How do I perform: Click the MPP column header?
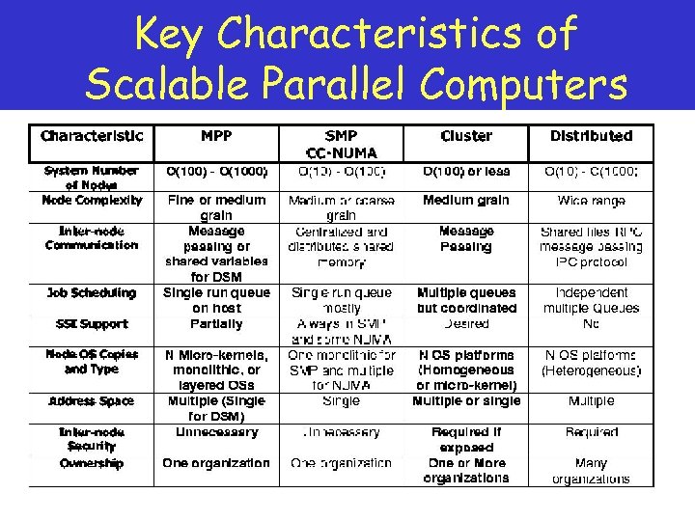click(215, 136)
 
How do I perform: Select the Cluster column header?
click(466, 136)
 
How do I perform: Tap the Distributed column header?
click(591, 136)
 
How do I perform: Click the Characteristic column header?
click(92, 136)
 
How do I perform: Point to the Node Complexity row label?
click(92, 200)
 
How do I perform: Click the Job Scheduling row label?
click(92, 292)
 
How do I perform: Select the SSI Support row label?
click(92, 323)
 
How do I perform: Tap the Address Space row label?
click(92, 400)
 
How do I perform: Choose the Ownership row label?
click(92, 463)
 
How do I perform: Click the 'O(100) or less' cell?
click(466, 172)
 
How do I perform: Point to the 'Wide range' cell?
click(591, 201)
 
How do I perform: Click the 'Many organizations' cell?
click(591, 471)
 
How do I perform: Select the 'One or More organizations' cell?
click(466, 471)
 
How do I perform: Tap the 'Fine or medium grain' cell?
click(215, 207)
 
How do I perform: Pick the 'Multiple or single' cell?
click(466, 400)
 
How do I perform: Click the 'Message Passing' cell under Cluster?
click(466, 238)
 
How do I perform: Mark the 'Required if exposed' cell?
click(466, 440)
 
